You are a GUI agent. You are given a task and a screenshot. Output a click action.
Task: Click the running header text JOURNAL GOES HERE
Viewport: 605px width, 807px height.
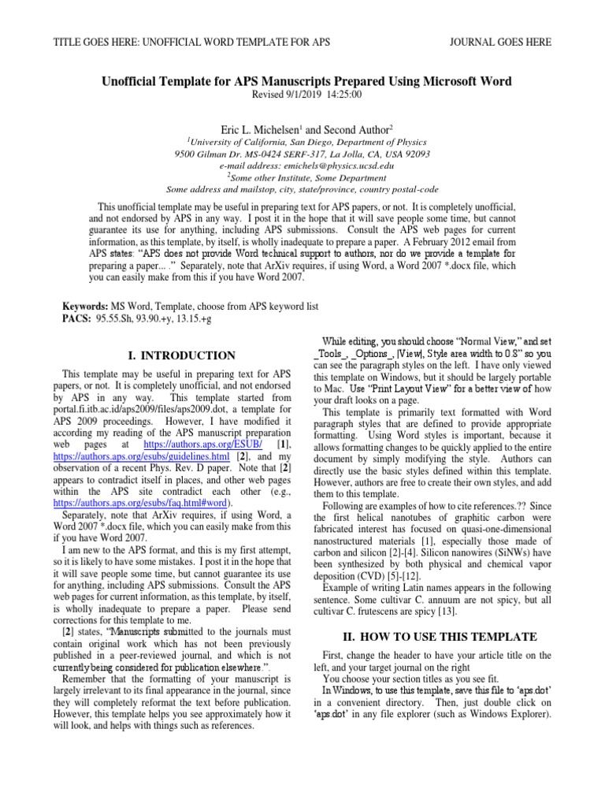pos(500,42)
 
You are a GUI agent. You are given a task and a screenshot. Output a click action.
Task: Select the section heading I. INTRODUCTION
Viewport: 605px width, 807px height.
pos(180,356)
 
